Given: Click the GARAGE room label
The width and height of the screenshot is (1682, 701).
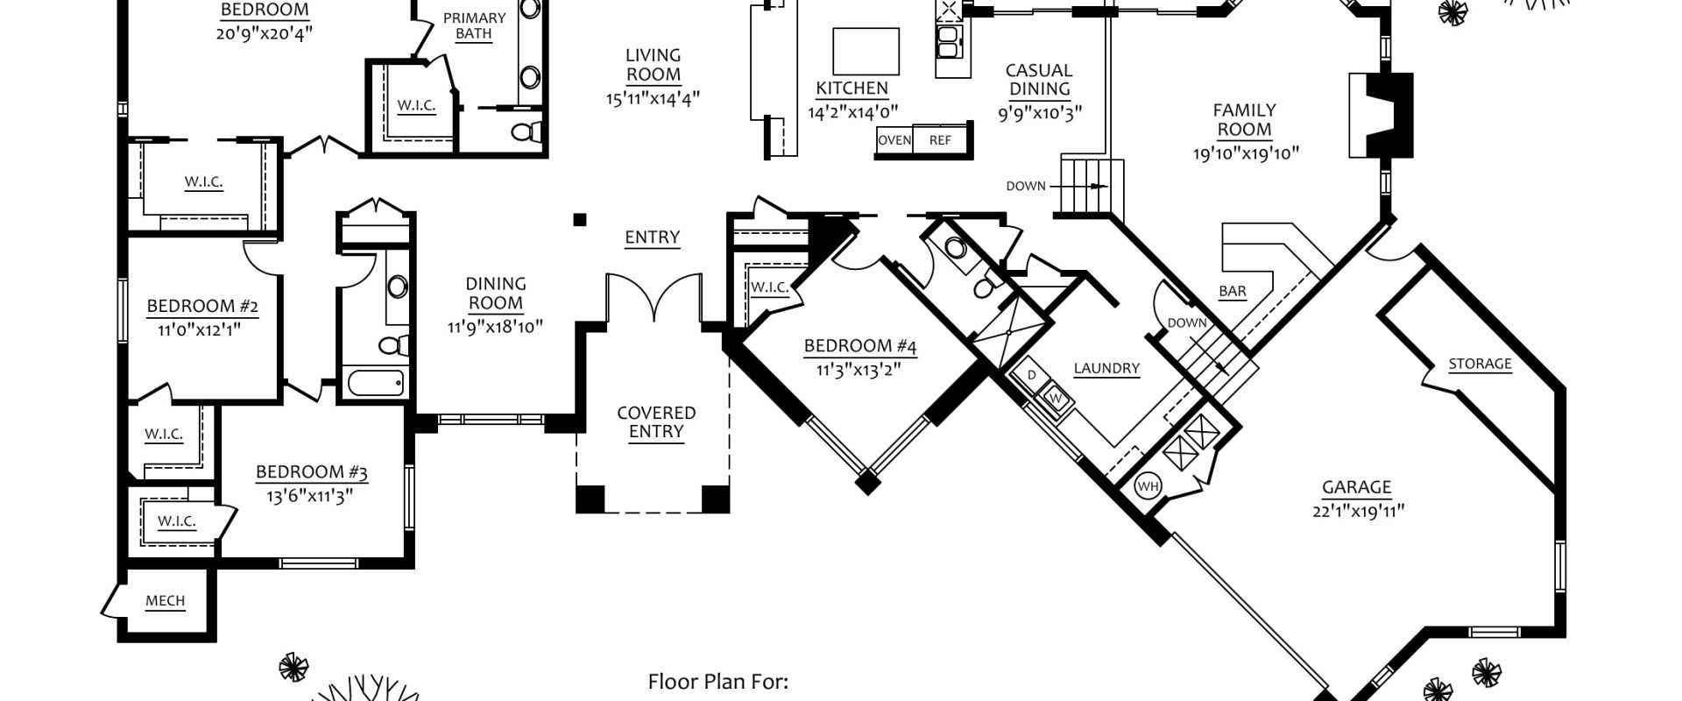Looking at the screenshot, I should [1356, 488].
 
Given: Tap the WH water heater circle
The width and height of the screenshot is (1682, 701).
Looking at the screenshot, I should [1148, 485].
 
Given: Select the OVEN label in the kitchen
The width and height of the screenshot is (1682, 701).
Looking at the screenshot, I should [894, 140].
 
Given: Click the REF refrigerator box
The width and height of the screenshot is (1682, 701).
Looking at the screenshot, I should [940, 140].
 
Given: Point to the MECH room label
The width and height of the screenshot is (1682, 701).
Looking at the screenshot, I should [165, 601].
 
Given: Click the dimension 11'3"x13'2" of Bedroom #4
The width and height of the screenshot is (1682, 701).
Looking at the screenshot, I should [859, 370].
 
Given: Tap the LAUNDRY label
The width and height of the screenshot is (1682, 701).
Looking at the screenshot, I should [1106, 369].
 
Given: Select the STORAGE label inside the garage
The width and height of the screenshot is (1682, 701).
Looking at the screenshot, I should [1480, 365].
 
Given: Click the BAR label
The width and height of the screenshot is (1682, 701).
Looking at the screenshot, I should [1233, 292].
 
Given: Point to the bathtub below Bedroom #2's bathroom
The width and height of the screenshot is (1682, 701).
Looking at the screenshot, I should [376, 383].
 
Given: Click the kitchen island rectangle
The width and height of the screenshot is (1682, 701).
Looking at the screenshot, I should [866, 51].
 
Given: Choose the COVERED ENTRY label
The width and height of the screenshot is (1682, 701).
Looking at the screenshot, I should [656, 421].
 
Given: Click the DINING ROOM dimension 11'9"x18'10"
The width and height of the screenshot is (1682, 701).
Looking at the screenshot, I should [495, 327].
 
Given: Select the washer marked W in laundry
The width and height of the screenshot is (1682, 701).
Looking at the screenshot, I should [1056, 399].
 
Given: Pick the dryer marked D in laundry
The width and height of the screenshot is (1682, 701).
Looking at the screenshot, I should [1032, 376].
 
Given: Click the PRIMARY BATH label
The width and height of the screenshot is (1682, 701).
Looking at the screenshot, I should [474, 26].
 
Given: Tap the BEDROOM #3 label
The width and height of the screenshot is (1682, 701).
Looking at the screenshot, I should [311, 473].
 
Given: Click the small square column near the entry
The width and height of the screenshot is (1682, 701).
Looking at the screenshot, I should [579, 219].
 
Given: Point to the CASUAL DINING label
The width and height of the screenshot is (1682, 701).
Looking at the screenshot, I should [1039, 80].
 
